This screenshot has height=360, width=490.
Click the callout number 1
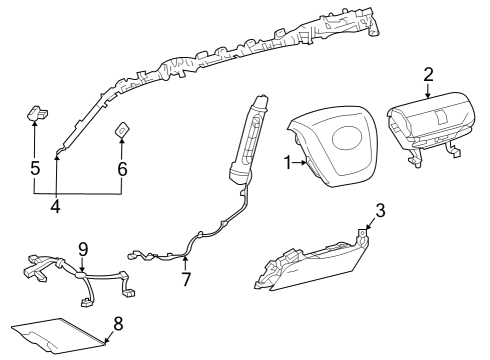288,160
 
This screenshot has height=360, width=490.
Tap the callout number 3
380,210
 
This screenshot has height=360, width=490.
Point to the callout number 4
55,207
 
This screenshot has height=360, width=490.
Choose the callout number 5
35,170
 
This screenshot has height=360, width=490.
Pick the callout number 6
122,170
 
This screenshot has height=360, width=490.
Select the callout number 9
83,248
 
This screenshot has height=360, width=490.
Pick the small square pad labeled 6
123,129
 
